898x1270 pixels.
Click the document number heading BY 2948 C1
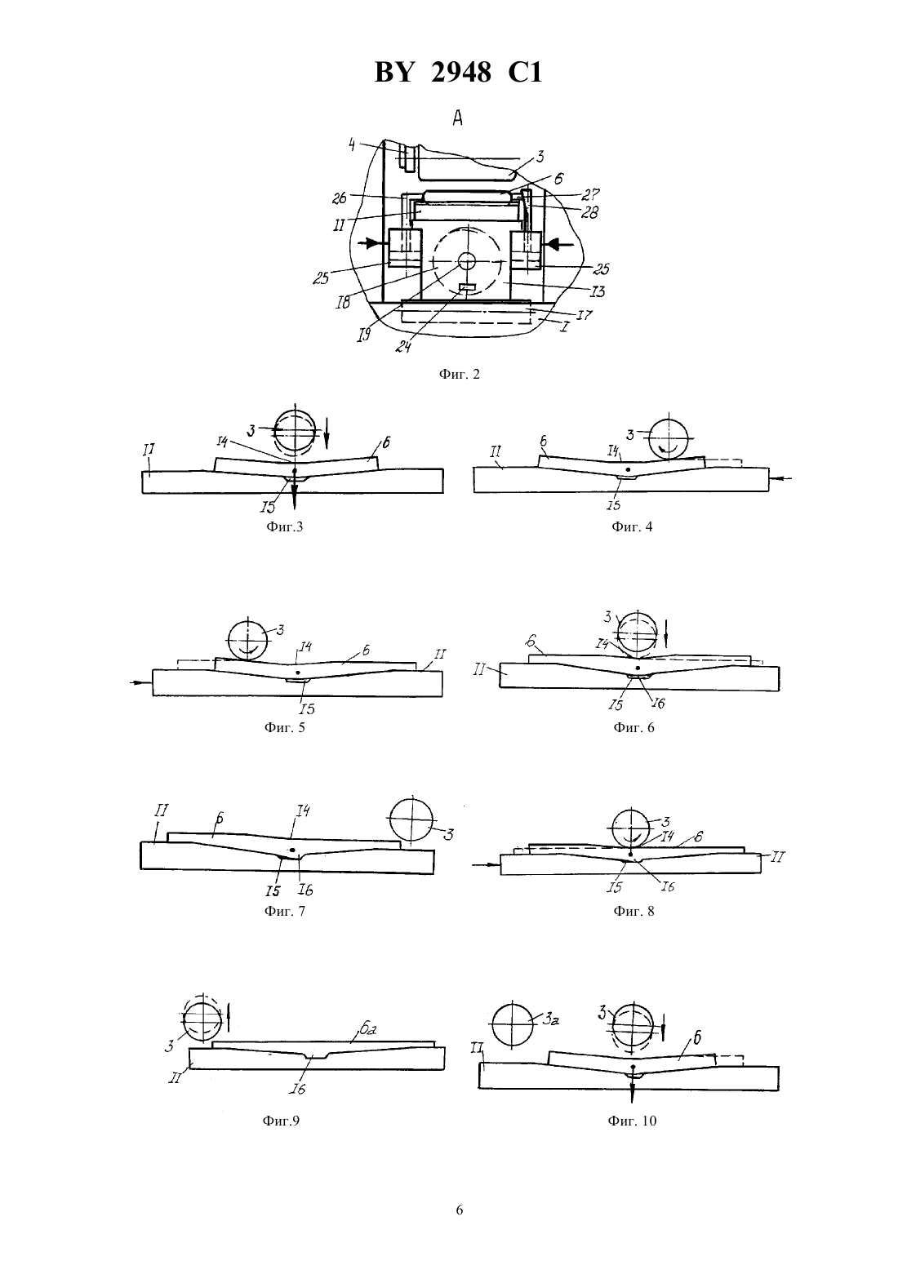click(458, 73)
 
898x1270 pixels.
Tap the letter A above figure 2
click(457, 118)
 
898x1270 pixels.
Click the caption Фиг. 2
click(459, 374)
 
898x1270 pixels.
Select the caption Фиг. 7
click(285, 911)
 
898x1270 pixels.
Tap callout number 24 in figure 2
click(403, 346)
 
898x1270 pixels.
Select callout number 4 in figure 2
click(352, 145)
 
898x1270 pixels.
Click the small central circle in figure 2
click(467, 261)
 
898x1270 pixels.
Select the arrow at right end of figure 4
click(780, 479)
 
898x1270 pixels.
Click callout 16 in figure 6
click(658, 703)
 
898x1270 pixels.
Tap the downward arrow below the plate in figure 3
click(294, 492)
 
